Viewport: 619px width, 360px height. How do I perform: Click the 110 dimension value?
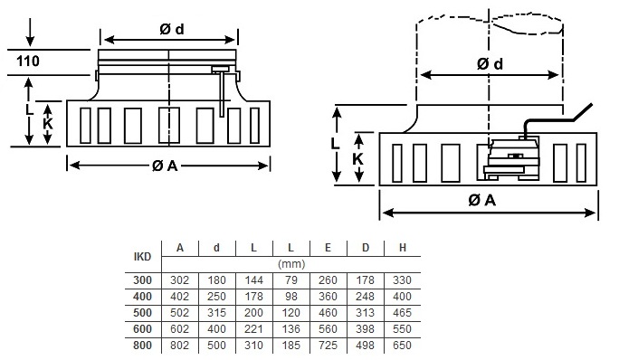tap(28, 62)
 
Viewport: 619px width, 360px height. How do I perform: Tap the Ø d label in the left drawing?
tap(172, 29)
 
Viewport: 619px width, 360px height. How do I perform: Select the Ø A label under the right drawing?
tap(481, 200)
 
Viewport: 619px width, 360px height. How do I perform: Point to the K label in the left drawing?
tap(48, 124)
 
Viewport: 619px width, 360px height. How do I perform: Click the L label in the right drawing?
tap(335, 143)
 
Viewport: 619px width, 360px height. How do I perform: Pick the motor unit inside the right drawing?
tap(512, 157)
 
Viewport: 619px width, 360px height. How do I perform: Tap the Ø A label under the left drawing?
tap(165, 166)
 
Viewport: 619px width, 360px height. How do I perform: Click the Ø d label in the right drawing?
tap(490, 63)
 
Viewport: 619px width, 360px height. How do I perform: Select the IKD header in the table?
tap(142, 257)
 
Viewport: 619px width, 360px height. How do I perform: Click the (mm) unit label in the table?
tap(291, 264)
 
